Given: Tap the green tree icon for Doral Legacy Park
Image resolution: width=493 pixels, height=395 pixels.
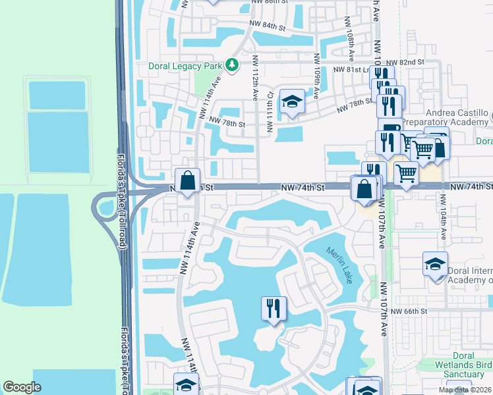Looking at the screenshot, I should coord(231,65).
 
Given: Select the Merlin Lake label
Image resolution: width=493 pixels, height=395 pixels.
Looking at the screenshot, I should coord(339,265).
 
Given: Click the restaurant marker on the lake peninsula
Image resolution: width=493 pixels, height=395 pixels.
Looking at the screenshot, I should coord(273,308).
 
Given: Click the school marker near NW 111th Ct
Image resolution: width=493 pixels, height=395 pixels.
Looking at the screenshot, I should coord(291,102).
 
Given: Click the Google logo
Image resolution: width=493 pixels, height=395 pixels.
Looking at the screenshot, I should coord(22,387).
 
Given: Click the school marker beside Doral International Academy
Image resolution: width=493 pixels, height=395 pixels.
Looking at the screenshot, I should coord(435,265).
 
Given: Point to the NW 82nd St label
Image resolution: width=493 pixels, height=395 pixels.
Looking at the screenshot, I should coord(406,61).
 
